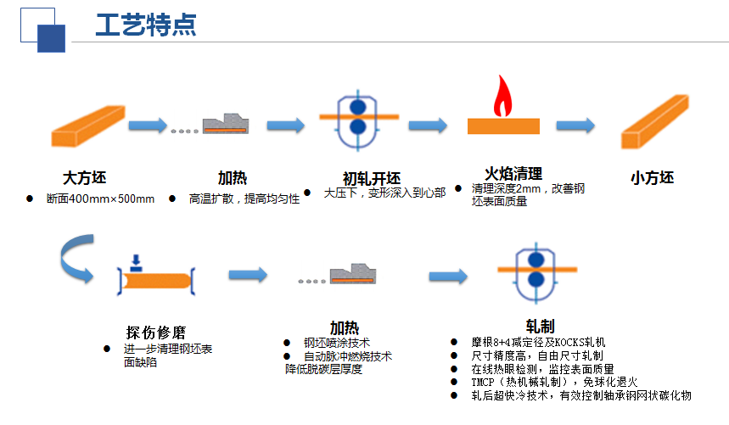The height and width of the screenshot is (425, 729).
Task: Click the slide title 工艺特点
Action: point(146,25)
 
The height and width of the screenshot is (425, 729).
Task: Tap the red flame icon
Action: point(502,96)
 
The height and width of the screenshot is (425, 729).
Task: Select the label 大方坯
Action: point(85,178)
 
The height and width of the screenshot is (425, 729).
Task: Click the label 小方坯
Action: point(653,178)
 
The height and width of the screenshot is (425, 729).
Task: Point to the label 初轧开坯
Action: point(372,179)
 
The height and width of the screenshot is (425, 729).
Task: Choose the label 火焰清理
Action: point(513,174)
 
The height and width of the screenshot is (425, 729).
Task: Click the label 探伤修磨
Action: point(156,333)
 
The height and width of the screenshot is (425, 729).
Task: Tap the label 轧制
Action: point(541,327)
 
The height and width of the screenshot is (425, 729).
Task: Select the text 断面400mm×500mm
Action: point(100,199)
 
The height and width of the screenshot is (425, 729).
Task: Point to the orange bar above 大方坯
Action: point(88,126)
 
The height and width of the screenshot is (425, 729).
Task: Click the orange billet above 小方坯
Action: point(654,121)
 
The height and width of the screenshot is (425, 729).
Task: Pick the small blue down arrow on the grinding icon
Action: point(136,263)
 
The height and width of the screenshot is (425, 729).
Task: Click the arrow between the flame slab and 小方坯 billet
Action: point(575,126)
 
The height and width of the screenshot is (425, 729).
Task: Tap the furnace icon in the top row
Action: point(226,124)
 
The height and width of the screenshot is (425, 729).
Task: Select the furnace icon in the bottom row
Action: point(353,274)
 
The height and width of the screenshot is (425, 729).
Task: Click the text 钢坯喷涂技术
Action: point(337,343)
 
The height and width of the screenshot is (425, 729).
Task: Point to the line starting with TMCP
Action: point(554,383)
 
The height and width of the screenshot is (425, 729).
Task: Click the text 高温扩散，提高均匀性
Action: point(244,199)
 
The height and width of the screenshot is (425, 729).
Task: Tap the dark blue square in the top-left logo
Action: point(51,38)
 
